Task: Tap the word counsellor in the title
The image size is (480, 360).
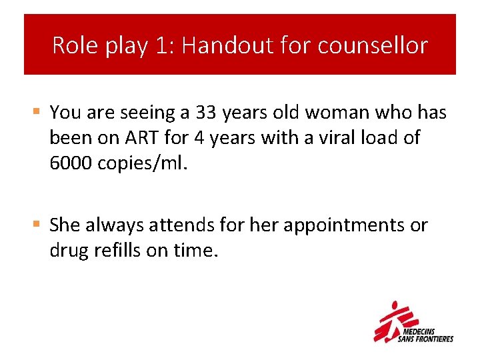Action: pos(373,45)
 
